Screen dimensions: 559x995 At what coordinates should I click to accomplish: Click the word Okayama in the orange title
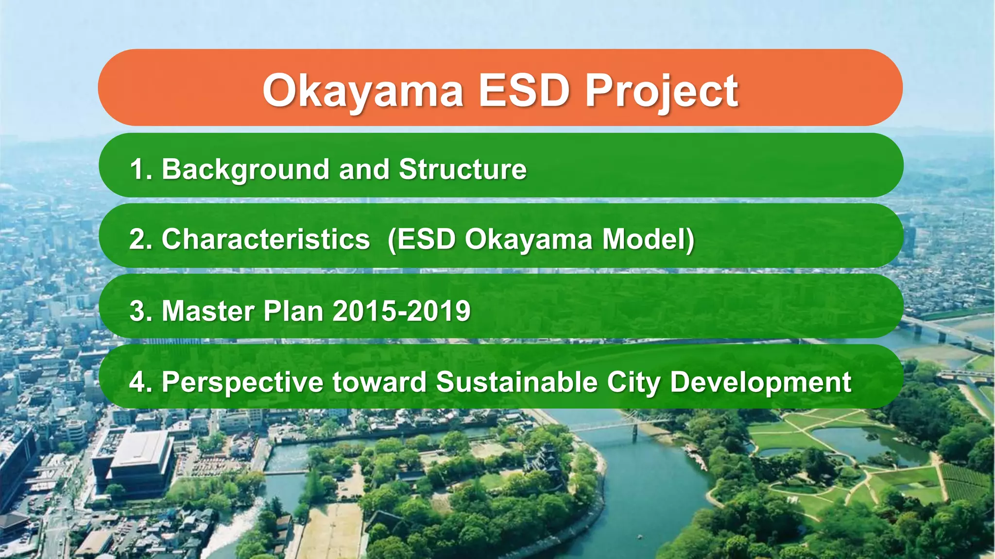tap(363, 91)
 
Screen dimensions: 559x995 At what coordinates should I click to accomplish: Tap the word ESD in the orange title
tap(524, 91)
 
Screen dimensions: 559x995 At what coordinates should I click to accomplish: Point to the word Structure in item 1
tap(463, 169)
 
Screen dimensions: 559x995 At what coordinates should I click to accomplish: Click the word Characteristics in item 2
tap(266, 240)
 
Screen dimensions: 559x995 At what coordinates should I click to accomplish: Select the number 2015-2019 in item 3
tap(401, 311)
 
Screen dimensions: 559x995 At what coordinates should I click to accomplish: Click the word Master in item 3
tap(208, 311)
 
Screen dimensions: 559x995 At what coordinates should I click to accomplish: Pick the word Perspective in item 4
tap(242, 382)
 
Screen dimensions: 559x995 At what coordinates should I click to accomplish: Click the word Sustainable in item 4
tap(516, 382)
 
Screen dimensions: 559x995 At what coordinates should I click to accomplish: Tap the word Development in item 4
tap(760, 382)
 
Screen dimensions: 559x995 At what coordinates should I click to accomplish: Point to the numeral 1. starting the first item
tap(141, 169)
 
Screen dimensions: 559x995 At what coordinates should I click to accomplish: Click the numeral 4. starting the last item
tap(141, 382)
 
